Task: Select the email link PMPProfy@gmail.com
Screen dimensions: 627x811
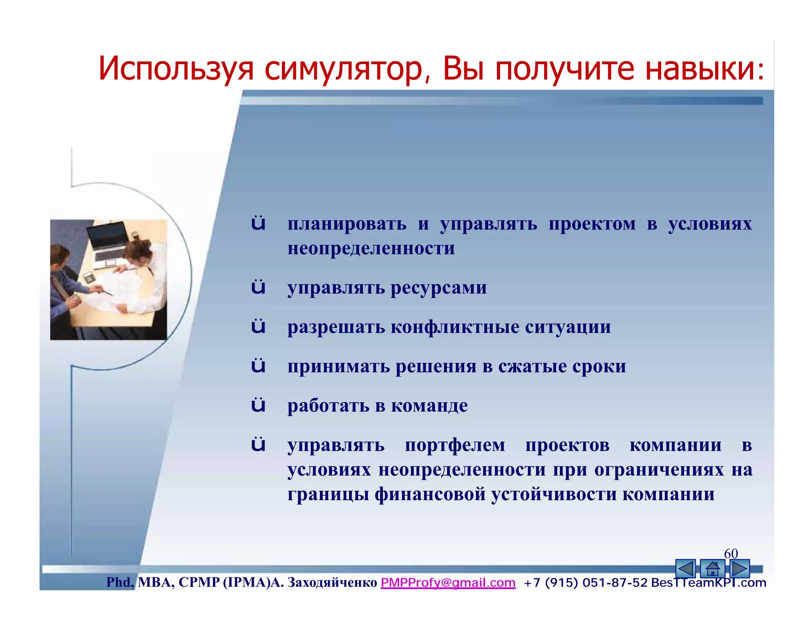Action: tap(448, 582)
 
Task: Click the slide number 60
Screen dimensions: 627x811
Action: tap(731, 553)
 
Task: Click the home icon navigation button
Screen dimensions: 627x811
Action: tap(712, 569)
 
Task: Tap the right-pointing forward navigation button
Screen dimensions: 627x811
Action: tap(739, 569)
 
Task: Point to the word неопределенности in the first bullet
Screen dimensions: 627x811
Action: tap(371, 249)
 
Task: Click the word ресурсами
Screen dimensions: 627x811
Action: tap(438, 288)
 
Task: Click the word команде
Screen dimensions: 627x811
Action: tap(429, 406)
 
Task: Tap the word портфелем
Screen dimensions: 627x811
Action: tap(455, 445)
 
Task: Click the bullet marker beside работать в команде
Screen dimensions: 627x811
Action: tap(258, 405)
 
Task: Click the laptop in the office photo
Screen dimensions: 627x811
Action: tap(108, 242)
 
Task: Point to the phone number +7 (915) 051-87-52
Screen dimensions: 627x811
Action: tap(585, 583)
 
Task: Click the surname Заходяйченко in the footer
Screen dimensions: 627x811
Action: tap(332, 582)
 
